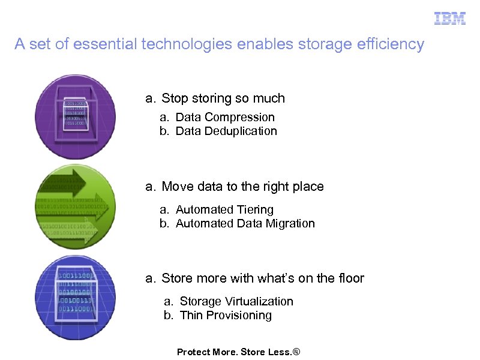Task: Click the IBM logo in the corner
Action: click(x=450, y=19)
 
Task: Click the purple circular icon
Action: click(x=76, y=116)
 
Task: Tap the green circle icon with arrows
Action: click(x=76, y=206)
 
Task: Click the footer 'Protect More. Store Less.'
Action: click(x=238, y=352)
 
